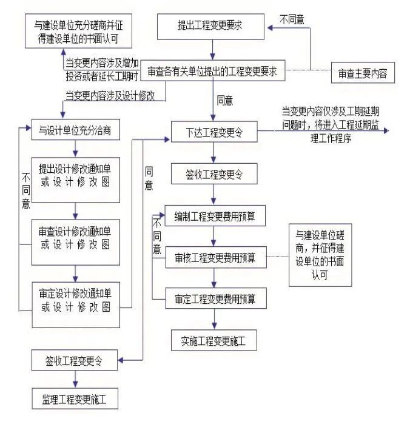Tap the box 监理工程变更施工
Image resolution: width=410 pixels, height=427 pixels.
tap(75, 400)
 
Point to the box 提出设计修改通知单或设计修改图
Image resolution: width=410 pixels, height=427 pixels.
tap(75, 175)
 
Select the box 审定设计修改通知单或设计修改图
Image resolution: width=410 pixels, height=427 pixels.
tap(75, 298)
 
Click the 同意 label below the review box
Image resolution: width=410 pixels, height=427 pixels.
tap(224, 101)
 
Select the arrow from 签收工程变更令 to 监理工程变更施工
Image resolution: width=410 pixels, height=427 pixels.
tap(75, 380)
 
